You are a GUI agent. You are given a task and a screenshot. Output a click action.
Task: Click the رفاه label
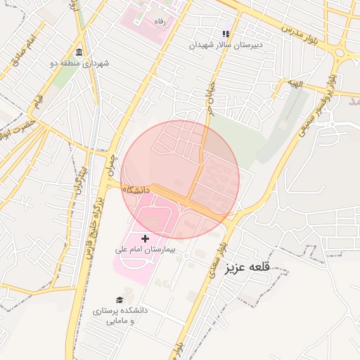click(160, 21)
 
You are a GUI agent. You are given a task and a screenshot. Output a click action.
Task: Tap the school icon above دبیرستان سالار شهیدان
click(226, 34)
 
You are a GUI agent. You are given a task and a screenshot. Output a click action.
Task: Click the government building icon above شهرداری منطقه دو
click(77, 53)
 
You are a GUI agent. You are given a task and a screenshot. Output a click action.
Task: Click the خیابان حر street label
click(210, 98)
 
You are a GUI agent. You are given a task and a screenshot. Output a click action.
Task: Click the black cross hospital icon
click(146, 239)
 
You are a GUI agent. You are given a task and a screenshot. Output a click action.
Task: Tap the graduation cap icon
click(120, 300)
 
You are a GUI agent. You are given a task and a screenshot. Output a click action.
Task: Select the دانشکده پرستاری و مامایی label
click(120, 315)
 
